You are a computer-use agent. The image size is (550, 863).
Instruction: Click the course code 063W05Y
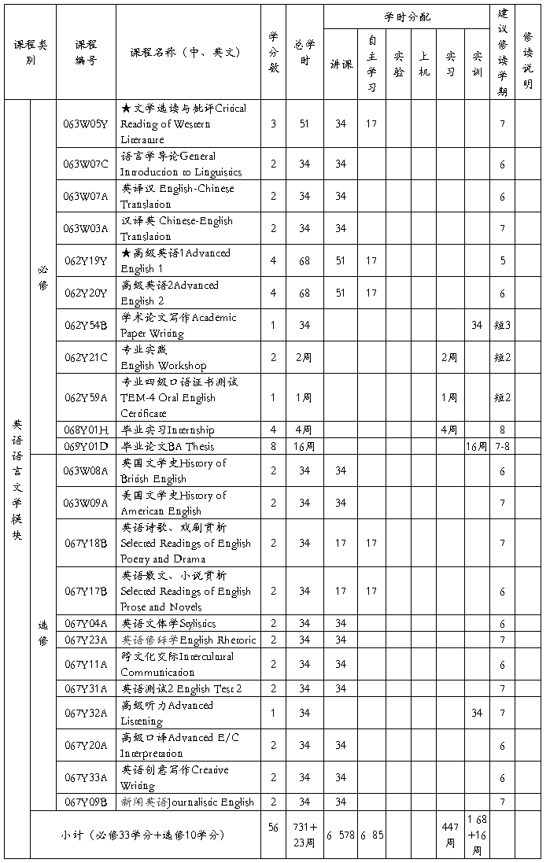(x=86, y=124)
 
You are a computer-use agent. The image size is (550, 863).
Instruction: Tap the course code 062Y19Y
(x=86, y=261)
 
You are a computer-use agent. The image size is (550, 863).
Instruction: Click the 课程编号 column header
(x=86, y=52)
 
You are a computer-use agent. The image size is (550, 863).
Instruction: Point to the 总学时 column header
(x=305, y=52)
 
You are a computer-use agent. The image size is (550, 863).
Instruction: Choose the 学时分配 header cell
(x=407, y=17)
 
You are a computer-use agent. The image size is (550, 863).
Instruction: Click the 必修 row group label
(x=42, y=277)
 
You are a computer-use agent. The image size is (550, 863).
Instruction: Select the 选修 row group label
(x=42, y=632)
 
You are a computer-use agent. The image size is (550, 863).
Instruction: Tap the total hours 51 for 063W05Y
(x=305, y=124)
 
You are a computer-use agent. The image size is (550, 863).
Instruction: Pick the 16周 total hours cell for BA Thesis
(x=305, y=446)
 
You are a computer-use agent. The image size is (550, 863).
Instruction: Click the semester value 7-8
(x=503, y=446)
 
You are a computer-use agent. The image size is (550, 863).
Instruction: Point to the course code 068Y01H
(x=86, y=430)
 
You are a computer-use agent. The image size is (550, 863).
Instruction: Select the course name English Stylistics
(x=168, y=623)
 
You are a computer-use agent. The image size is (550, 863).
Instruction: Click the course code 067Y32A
(x=86, y=713)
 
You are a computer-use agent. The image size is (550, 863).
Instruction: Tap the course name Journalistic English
(x=187, y=802)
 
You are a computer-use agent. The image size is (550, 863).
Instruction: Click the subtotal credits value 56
(x=273, y=828)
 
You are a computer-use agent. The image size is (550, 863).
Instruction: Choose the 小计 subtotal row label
(x=146, y=835)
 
